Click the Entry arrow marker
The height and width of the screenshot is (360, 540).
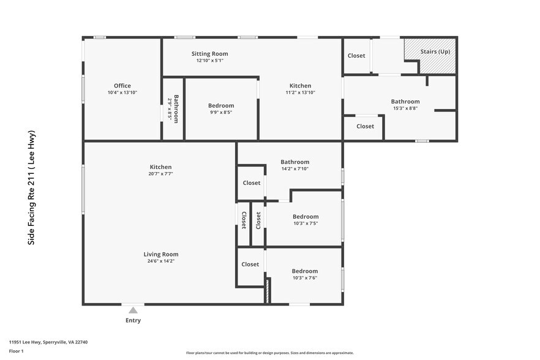[133, 310]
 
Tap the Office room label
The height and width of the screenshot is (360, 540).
[122, 86]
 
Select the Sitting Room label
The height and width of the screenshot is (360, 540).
[209, 54]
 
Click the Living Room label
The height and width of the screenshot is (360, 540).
[161, 254]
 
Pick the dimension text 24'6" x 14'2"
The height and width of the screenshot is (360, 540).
[161, 261]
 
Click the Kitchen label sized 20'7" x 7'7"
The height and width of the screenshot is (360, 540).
[161, 167]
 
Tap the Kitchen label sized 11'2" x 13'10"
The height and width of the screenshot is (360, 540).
[300, 86]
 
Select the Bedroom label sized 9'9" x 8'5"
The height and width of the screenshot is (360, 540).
[221, 105]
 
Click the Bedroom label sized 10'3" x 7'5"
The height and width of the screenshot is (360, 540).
[305, 216]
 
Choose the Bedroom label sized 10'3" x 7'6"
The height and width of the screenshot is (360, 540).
[305, 271]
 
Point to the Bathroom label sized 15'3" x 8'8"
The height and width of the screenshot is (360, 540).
[405, 102]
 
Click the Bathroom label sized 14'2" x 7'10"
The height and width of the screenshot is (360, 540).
[295, 162]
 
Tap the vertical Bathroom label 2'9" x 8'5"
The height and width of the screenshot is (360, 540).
[176, 109]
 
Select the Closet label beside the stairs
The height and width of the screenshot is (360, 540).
[356, 56]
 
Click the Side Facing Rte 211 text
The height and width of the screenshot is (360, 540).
[32, 188]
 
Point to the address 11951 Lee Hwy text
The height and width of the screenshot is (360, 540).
[48, 342]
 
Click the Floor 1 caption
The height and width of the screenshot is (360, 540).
[16, 351]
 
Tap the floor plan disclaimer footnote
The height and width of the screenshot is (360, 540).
[269, 353]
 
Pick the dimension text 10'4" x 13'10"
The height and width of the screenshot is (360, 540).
[122, 92]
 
